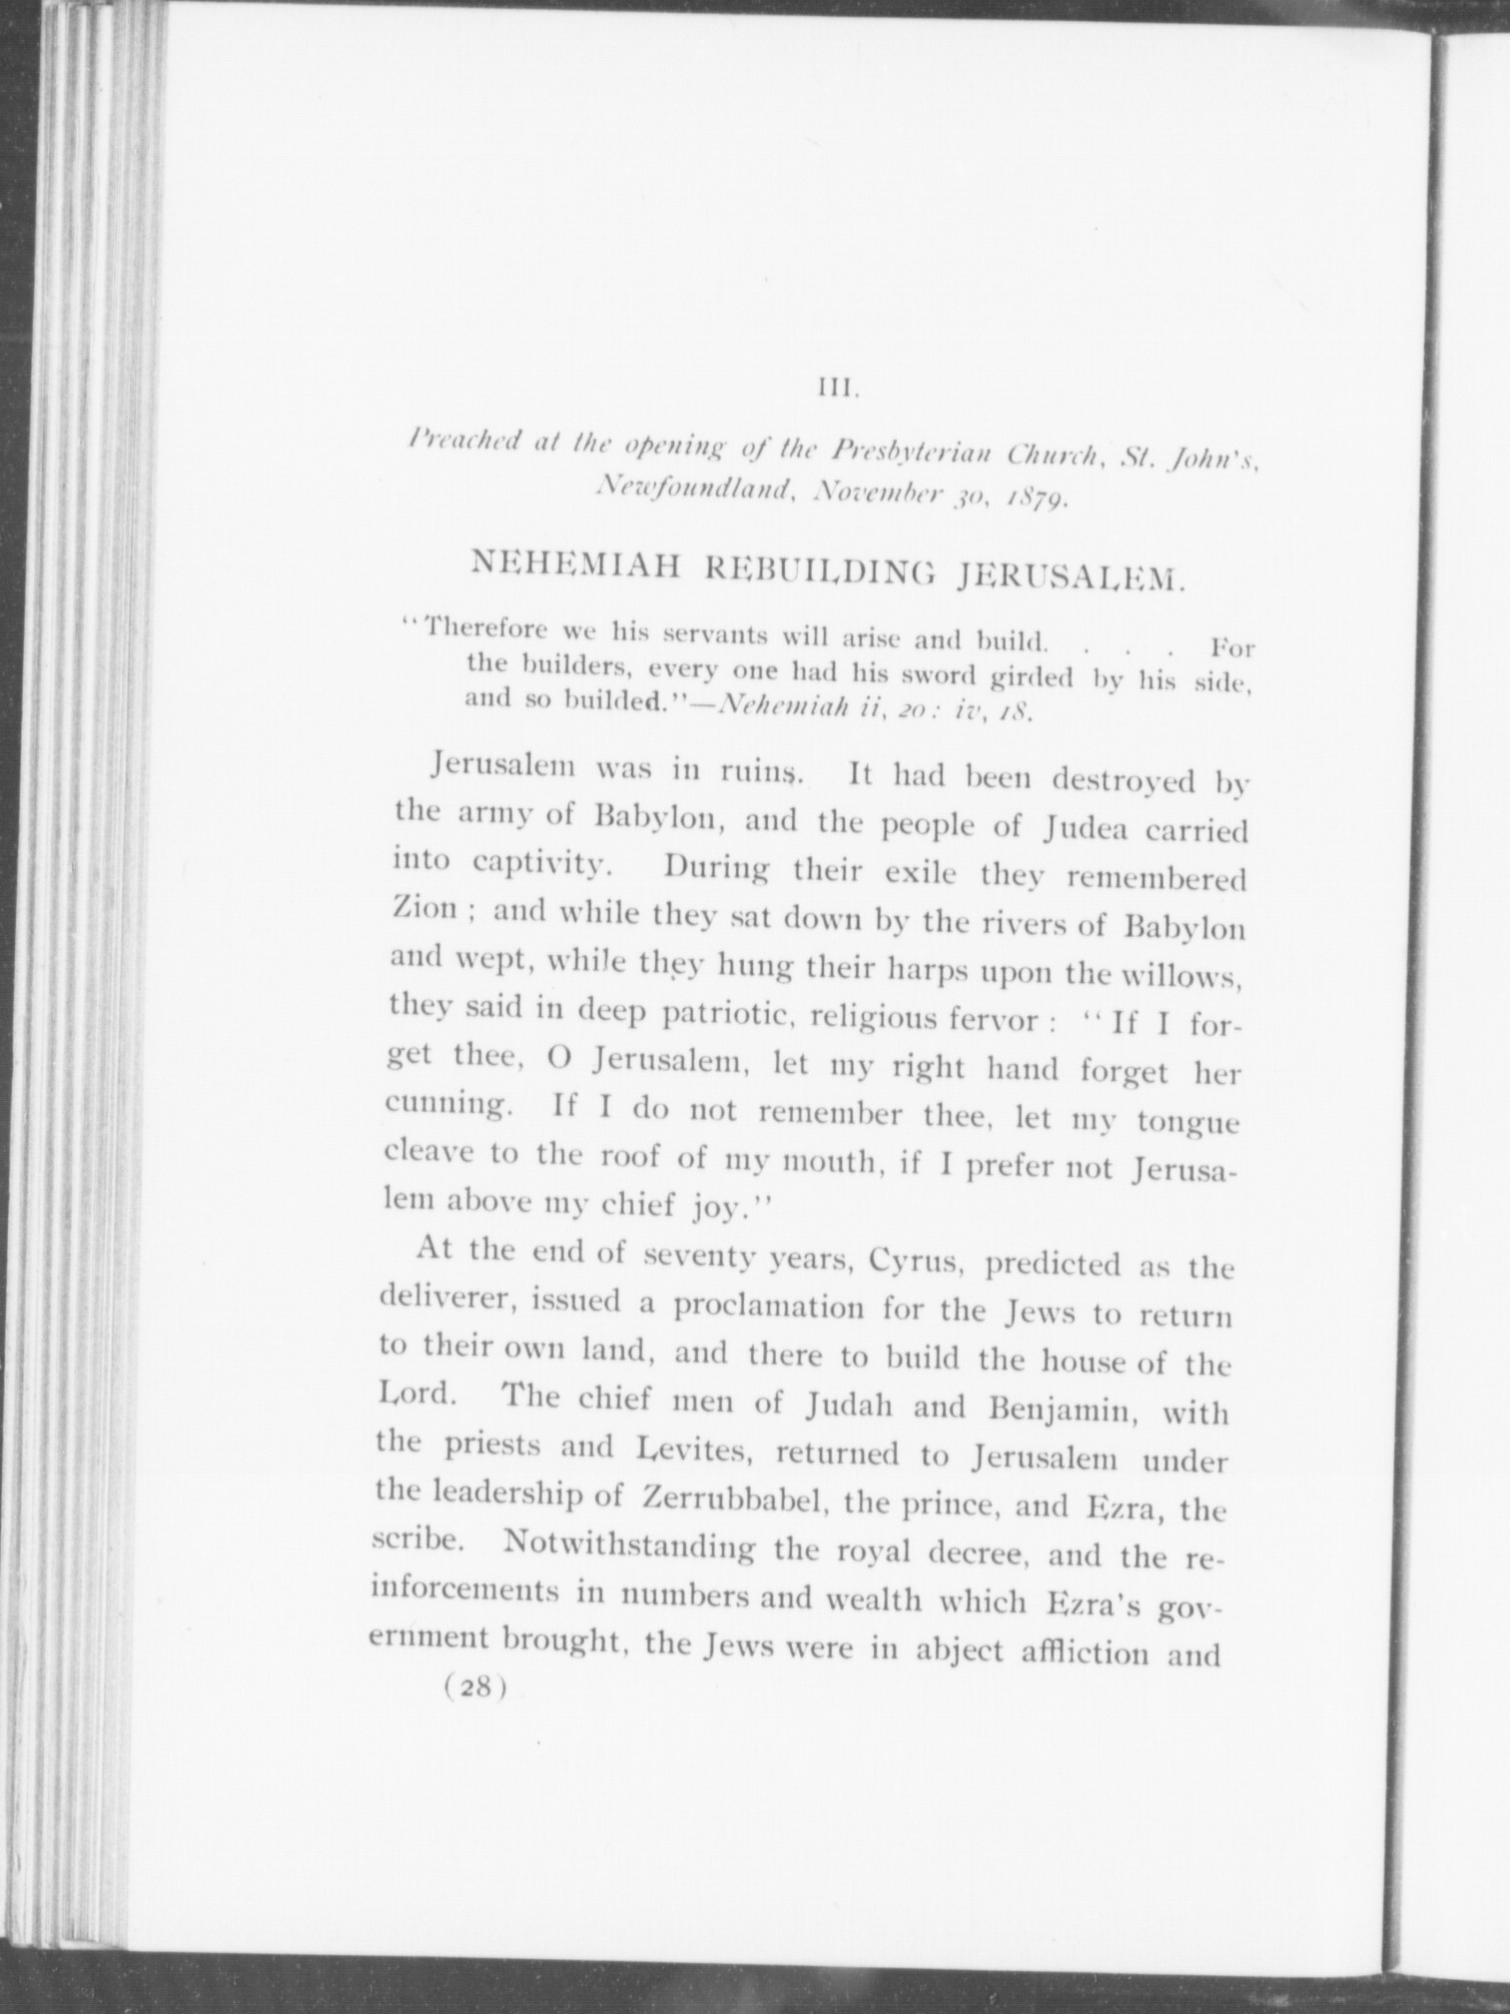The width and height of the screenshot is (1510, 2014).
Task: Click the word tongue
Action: pos(1187,1123)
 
